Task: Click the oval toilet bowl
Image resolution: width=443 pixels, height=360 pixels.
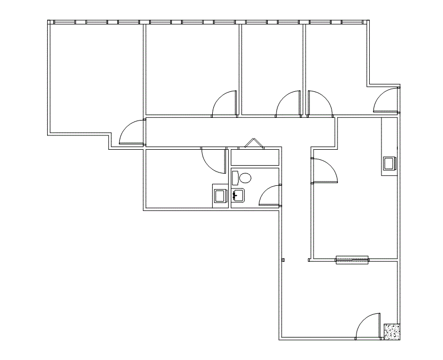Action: point(245,177)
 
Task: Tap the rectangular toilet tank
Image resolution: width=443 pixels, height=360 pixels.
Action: point(235,177)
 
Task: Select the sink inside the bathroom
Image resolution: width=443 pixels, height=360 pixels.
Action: point(238,195)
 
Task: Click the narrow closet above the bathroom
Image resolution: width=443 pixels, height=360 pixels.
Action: point(255,158)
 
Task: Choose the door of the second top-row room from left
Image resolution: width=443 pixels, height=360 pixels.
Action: point(224,103)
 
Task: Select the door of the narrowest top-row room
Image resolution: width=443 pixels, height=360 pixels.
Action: point(289,103)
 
